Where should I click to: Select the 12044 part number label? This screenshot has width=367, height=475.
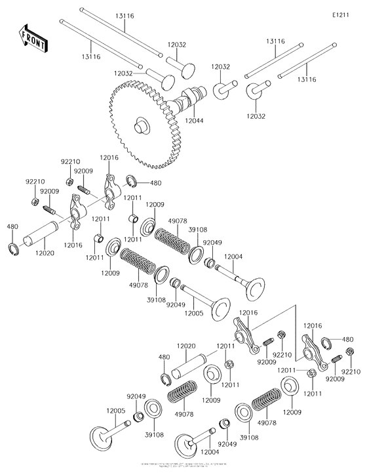194,121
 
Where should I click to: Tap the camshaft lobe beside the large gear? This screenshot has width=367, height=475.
184,102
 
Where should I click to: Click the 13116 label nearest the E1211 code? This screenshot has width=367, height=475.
275,41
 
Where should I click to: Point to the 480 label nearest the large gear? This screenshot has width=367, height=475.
155,183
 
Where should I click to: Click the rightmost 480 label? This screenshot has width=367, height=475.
348,339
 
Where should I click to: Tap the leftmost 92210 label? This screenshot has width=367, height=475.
35,181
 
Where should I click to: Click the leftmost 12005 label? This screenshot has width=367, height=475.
115,410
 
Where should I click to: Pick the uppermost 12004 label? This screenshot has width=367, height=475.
234,257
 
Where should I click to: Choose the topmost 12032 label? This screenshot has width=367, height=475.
177,45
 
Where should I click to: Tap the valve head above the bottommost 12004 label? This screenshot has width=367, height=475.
185,445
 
